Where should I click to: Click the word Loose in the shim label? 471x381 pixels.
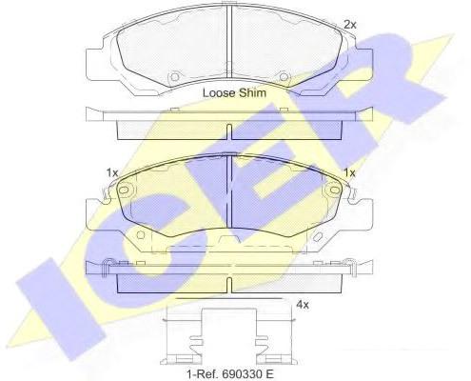coord(219,93)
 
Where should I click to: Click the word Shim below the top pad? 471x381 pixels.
coord(252,93)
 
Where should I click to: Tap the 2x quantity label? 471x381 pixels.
coord(350,25)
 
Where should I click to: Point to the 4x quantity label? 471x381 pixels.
coord(302,305)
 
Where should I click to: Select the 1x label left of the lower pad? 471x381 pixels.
coord(112,173)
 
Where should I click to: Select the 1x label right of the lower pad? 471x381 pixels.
coord(350,173)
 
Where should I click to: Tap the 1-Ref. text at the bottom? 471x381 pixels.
coord(203,373)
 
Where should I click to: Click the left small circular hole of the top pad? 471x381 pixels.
coord(174,77)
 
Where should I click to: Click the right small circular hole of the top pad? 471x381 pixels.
coord(284,77)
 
